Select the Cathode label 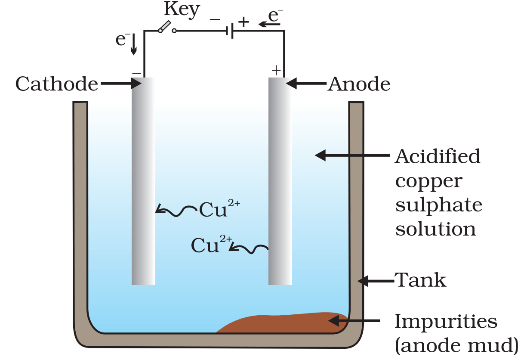(x=56, y=84)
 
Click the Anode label (x=359, y=84)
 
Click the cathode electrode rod (x=143, y=181)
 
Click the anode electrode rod (x=280, y=181)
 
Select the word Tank (x=421, y=281)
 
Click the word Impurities (x=446, y=321)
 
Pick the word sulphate (x=439, y=205)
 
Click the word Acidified (x=438, y=156)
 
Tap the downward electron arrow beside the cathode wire (x=133, y=45)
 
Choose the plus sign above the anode (x=276, y=70)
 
